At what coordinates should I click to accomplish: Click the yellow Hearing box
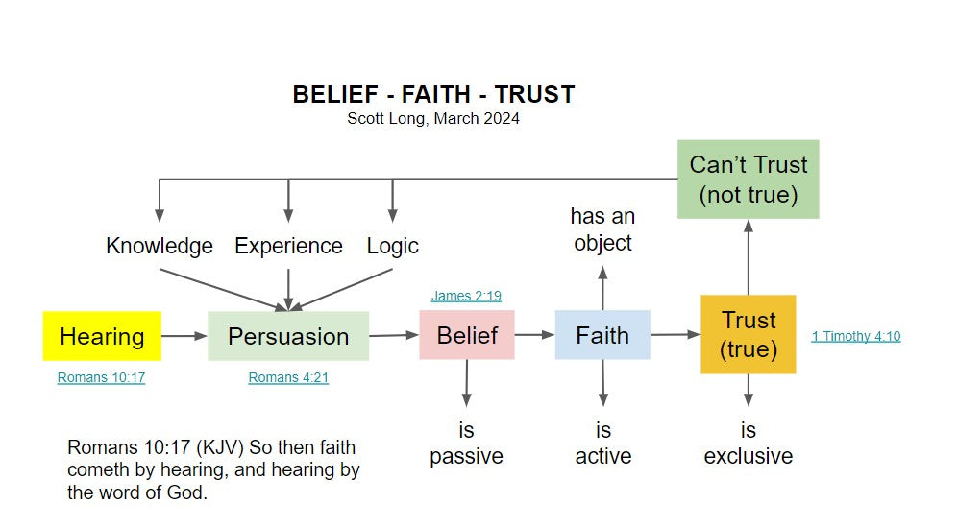click(x=102, y=336)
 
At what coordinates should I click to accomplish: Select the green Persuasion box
click(x=288, y=336)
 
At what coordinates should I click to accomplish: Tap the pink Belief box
click(x=467, y=335)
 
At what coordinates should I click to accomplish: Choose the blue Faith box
click(x=602, y=335)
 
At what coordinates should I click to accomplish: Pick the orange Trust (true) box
click(x=749, y=334)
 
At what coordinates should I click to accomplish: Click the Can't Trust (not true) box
click(x=748, y=180)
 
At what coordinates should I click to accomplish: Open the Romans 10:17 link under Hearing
click(x=101, y=377)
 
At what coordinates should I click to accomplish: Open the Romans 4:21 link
click(x=288, y=377)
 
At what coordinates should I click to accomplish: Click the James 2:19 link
click(x=466, y=296)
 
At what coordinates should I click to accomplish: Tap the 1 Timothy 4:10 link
click(x=856, y=336)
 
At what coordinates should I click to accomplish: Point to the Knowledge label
click(x=160, y=246)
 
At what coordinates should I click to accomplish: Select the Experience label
click(x=288, y=246)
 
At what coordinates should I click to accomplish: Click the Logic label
click(x=392, y=246)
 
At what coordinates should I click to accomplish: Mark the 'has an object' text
click(x=602, y=229)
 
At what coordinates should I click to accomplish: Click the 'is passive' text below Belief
click(x=466, y=443)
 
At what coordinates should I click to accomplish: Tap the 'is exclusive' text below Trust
click(x=749, y=443)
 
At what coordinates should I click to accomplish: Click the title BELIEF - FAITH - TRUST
click(x=433, y=95)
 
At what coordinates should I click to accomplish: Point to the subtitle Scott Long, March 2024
click(x=433, y=119)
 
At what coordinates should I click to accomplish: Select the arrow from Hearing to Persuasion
click(x=184, y=336)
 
